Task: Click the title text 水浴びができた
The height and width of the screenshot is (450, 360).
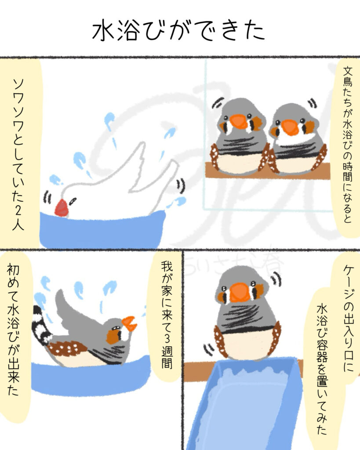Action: (x=179, y=32)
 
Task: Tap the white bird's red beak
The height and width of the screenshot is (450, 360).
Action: (x=61, y=208)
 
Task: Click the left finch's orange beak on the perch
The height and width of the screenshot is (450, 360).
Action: (x=239, y=122)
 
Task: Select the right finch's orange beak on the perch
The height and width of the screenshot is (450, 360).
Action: (x=290, y=127)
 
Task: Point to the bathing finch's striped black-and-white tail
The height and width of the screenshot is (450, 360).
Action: (x=40, y=325)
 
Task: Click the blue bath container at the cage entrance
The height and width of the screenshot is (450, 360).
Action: (x=246, y=404)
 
